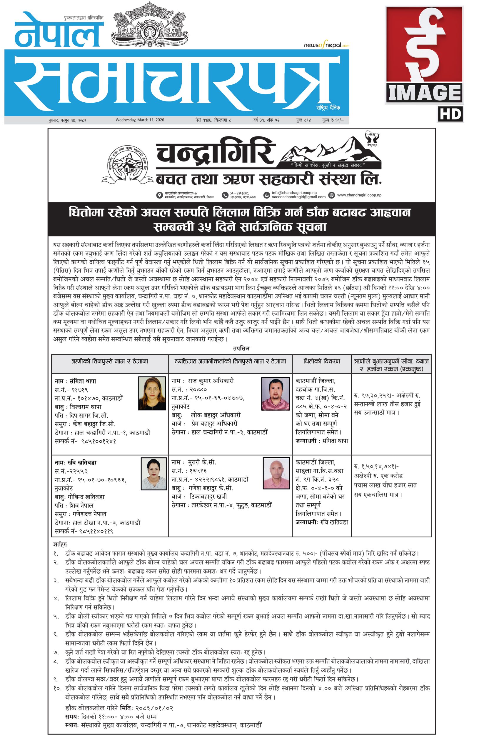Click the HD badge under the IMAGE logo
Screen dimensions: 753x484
pos(450,114)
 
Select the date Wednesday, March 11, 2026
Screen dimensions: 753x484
pos(140,120)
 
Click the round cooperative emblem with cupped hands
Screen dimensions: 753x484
pos(127,164)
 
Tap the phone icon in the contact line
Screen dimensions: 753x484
pos(225,195)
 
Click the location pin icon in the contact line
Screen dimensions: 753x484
pos(160,195)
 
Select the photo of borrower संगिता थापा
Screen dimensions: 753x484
pos(152,393)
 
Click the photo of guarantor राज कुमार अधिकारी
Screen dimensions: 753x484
pos(275,394)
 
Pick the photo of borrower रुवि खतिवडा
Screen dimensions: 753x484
pos(153,474)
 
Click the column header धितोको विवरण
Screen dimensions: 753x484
pos(321,361)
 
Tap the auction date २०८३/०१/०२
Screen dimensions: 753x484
pos(154,708)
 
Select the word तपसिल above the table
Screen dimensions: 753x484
pos(241,348)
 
